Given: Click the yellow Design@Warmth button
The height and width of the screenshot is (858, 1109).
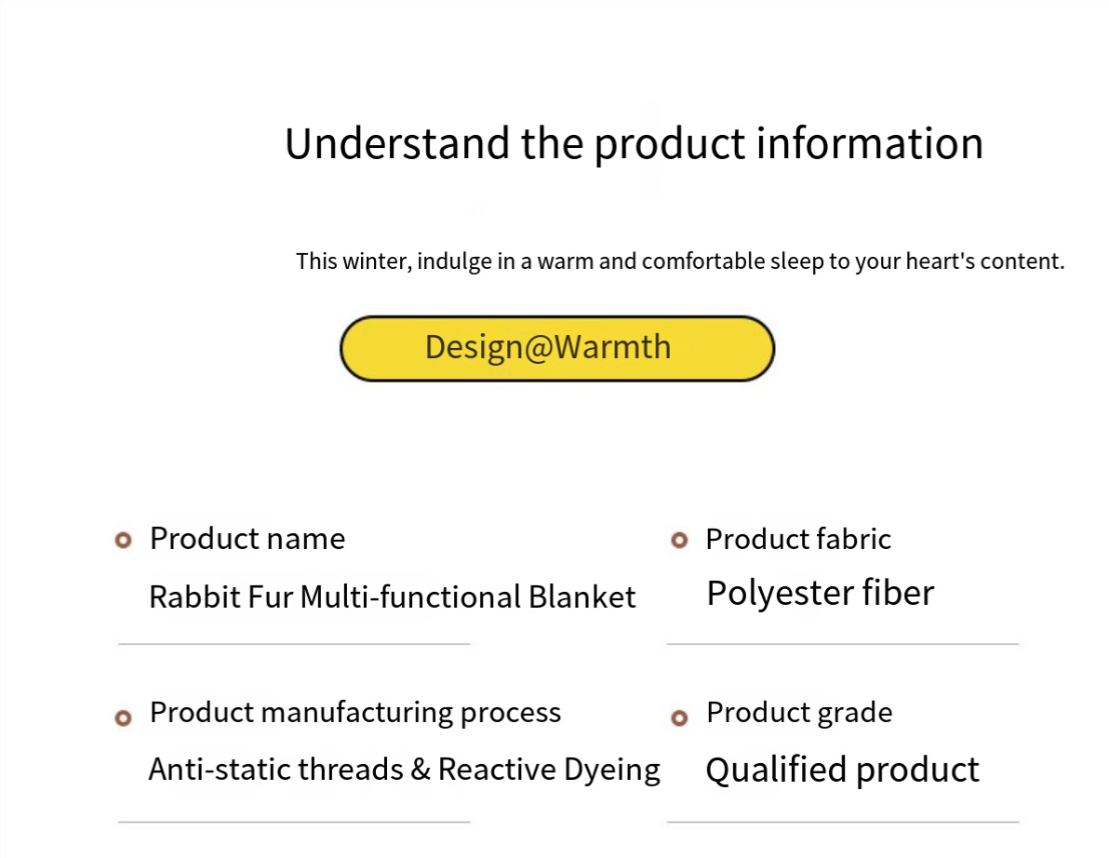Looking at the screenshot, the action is tap(557, 348).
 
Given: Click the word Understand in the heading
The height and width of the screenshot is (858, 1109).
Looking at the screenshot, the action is tap(396, 143).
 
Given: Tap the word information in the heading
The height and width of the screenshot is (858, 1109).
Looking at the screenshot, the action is tap(870, 143).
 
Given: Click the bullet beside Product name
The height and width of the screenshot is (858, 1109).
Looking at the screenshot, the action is tap(123, 541).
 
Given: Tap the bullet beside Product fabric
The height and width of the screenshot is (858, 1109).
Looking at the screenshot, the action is tap(679, 541).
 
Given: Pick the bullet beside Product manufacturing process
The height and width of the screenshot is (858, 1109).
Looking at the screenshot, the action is tap(123, 718).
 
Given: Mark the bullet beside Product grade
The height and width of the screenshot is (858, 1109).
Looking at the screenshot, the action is tap(679, 718).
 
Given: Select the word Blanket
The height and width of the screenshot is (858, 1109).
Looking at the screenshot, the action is tap(582, 597).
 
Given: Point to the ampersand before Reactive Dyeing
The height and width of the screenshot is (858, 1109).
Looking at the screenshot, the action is tap(421, 770).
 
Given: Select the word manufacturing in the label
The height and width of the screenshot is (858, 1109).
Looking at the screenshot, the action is tap(357, 713).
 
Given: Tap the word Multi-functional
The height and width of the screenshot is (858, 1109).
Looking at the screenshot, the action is tap(411, 597).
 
